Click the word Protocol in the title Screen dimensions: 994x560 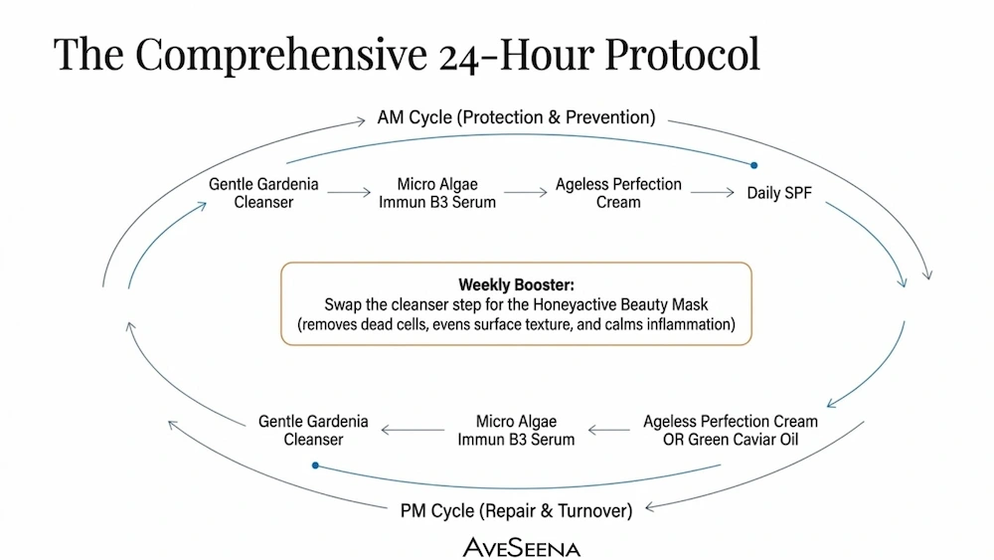click(682, 54)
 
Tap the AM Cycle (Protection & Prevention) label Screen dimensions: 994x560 click(516, 117)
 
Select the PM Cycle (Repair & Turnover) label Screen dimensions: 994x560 click(516, 510)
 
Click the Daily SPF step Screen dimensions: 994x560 click(779, 193)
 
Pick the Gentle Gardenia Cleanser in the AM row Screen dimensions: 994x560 click(263, 193)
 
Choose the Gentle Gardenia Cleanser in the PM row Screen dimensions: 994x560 click(313, 430)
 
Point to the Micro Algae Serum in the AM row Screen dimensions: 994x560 click(437, 193)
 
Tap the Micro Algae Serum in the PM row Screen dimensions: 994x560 click(516, 430)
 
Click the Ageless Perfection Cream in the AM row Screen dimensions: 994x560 click(618, 193)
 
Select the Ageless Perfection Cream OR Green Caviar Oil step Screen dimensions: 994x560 click(731, 430)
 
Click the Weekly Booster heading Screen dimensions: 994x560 click(516, 284)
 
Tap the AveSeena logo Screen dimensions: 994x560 click(521, 547)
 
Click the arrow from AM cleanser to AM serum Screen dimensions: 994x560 click(349, 192)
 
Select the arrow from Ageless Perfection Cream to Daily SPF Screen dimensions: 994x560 click(713, 192)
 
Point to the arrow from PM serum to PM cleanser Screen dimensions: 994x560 click(413, 430)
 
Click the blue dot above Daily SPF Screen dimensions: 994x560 click(753, 165)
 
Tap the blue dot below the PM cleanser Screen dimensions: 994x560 click(315, 466)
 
